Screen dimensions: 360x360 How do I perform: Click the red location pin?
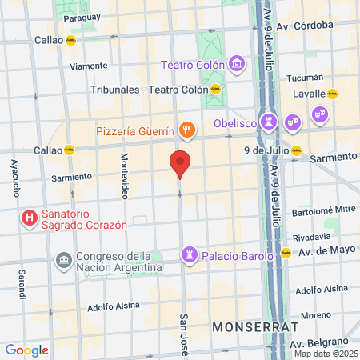[x=180, y=163]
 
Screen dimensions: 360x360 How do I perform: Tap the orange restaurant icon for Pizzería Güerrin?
[x=186, y=130]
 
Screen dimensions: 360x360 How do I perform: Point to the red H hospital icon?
[x=30, y=217]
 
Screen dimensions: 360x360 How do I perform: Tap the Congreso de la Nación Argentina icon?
[x=62, y=262]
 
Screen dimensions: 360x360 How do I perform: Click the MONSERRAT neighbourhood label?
[x=255, y=327]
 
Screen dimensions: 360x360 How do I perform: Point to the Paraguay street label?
[x=83, y=17]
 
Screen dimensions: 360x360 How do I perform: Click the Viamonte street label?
[x=88, y=66]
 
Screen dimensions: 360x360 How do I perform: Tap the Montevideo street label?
[x=124, y=175]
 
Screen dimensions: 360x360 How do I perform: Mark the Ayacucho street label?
[x=14, y=178]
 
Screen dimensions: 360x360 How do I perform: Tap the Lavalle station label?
[x=309, y=94]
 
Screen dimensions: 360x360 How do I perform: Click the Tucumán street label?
[x=306, y=78]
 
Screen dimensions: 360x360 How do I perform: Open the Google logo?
[x=26, y=350]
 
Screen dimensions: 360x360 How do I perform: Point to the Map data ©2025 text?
[x=326, y=354]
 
